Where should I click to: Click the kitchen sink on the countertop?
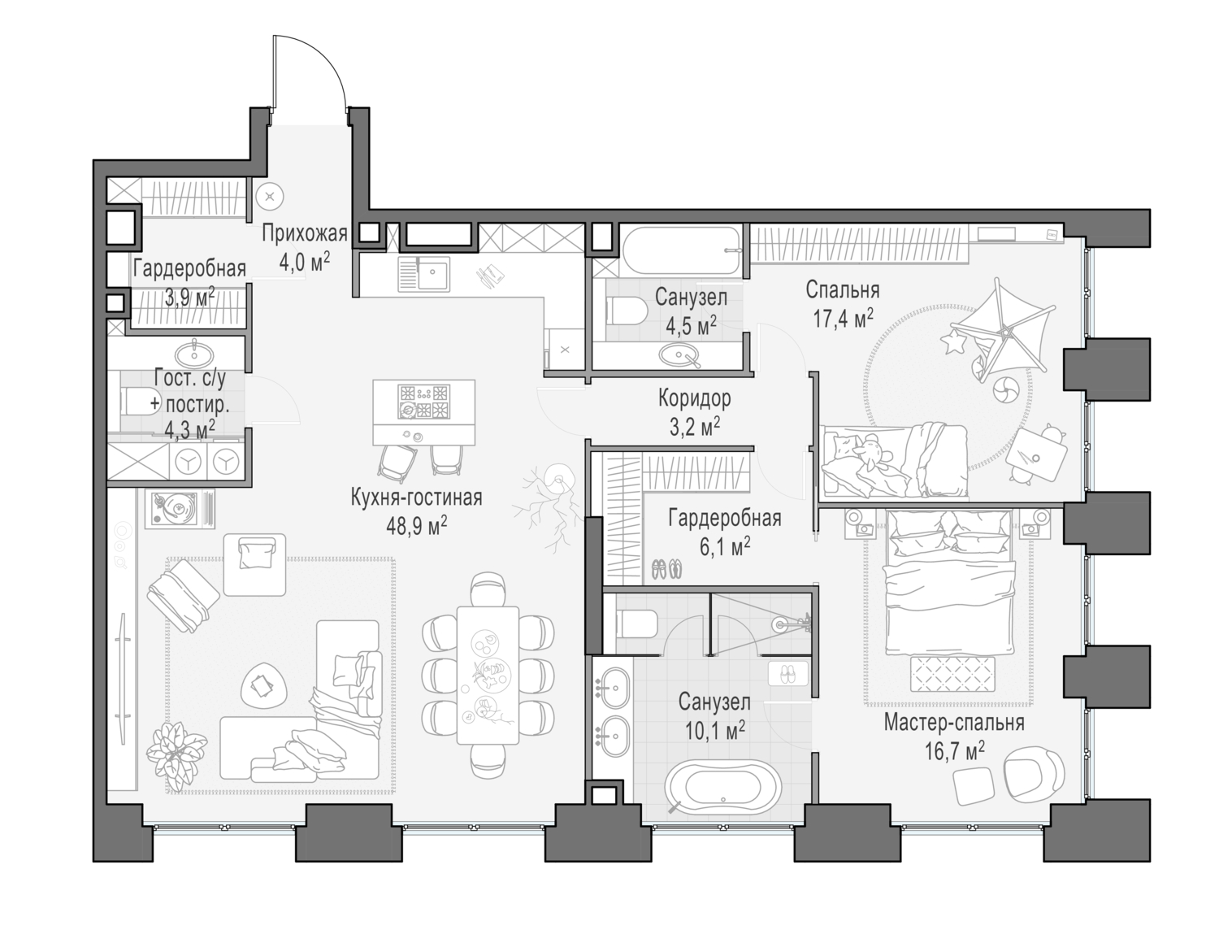coord(423,273)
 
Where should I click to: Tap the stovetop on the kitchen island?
coord(423,401)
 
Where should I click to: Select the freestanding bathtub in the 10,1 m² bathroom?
coord(722,786)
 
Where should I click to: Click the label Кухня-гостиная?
coord(416,498)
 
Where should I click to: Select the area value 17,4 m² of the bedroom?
coord(843,316)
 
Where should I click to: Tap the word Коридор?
coord(694,398)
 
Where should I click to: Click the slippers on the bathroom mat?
coord(788,673)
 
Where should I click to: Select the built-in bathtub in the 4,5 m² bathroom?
coord(681,241)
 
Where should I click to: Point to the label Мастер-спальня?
coord(953,722)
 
